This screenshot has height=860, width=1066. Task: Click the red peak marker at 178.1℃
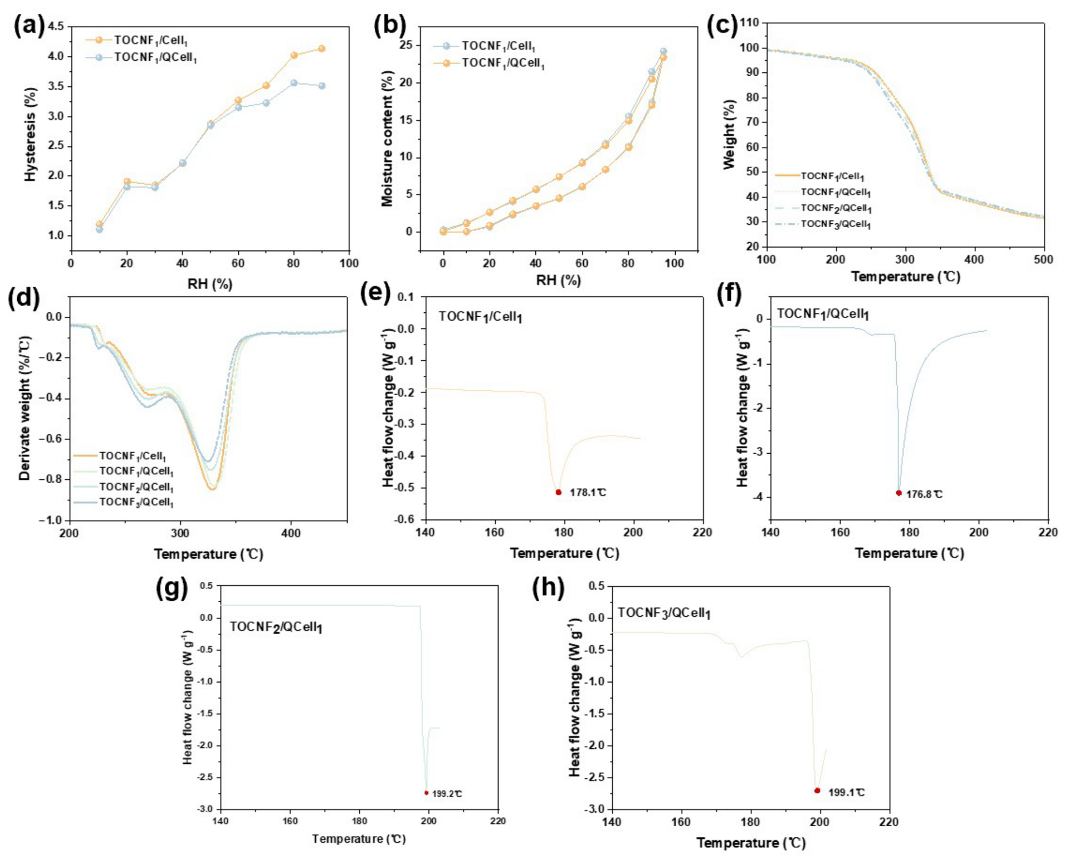point(558,492)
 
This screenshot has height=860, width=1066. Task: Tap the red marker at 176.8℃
point(898,492)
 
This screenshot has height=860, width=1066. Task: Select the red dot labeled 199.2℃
point(426,793)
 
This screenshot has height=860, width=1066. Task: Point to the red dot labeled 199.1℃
point(817,790)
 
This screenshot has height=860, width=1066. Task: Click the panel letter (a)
point(29,26)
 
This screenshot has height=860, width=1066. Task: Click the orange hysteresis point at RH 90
point(322,49)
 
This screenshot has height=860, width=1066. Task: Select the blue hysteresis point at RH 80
point(294,83)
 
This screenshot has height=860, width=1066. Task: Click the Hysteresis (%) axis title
point(30,134)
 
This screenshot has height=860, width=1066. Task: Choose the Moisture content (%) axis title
point(387,139)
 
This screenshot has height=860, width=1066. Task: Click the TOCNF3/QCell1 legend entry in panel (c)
point(823,224)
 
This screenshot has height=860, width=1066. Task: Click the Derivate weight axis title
point(24,408)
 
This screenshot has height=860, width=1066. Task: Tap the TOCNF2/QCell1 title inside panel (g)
point(276,627)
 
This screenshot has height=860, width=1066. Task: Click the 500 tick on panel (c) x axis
point(1043,260)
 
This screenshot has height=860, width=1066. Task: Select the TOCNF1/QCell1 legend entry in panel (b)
point(489,63)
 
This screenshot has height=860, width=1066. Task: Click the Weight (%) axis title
point(730,134)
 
